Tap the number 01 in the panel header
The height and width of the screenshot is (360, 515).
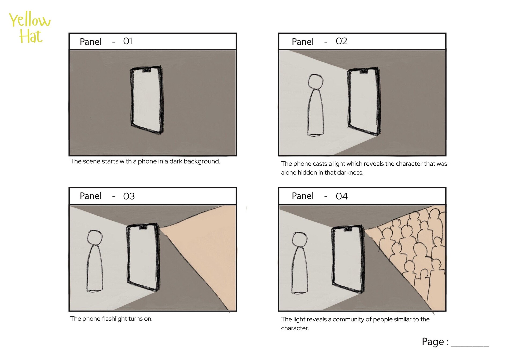click(128, 41)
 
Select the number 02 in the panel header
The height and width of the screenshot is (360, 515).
click(341, 41)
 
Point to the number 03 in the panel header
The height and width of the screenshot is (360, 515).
click(129, 196)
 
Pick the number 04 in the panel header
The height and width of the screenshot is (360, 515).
click(341, 196)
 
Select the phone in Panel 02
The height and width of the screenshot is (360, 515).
click(364, 101)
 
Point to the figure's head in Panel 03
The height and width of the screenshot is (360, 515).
click(95, 237)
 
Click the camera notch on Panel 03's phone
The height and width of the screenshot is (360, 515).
click(142, 227)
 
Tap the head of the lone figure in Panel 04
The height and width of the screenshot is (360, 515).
click(300, 239)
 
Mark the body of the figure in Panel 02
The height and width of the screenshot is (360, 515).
click(315, 113)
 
